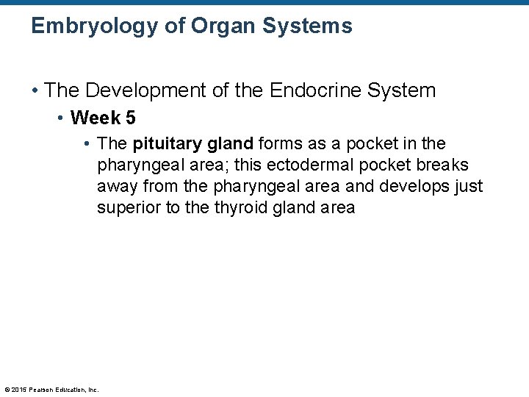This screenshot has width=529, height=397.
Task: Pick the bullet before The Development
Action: (35, 90)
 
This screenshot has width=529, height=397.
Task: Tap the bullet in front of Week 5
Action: (62, 118)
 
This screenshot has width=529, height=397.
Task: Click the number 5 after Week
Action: (129, 118)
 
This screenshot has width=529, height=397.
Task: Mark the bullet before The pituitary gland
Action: (87, 143)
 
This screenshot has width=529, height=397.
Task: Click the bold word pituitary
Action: (165, 143)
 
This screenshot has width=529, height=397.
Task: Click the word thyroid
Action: (241, 207)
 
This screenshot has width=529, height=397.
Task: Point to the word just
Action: (468, 186)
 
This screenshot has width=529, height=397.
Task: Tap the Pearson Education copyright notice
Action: (51, 390)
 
